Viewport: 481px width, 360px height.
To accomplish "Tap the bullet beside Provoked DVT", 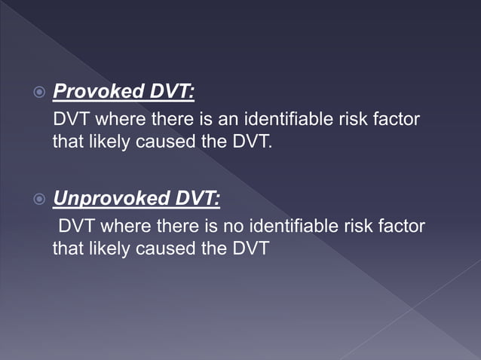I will (41, 93).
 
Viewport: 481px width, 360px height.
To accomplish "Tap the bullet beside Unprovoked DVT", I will (41, 200).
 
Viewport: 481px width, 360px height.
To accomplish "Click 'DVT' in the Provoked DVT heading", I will (170, 93).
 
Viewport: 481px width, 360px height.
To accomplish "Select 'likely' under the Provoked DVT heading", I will (107, 141).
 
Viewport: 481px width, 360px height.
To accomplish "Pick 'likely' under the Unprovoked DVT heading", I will (107, 247).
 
